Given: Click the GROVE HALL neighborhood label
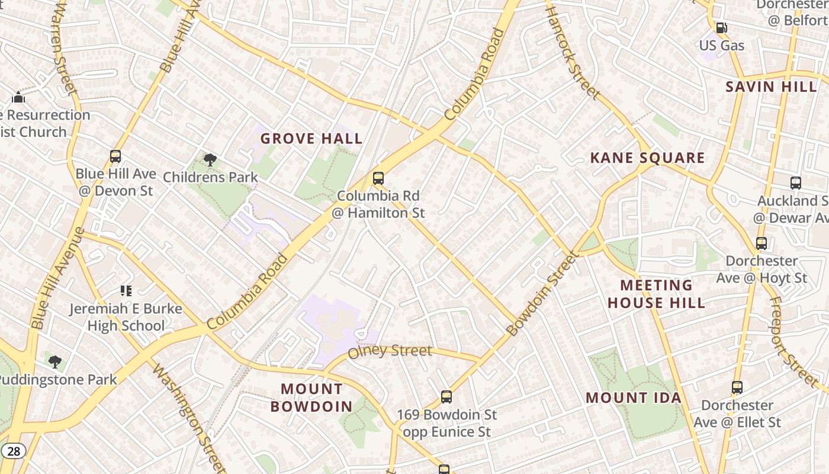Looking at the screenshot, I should [311, 139].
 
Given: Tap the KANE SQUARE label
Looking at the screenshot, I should [647, 158].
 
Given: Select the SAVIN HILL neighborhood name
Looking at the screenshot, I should [771, 87].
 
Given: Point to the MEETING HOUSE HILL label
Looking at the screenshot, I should [656, 294].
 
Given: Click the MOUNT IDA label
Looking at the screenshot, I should [634, 398].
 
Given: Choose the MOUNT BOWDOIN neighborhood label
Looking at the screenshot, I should [311, 398].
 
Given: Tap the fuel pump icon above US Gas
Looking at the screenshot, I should [721, 28].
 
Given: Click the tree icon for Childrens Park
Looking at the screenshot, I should [210, 159].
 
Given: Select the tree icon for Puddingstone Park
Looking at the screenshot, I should [55, 361].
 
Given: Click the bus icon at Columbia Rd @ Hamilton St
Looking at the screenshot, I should [378, 178].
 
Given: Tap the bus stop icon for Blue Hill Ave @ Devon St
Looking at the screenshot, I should [115, 156].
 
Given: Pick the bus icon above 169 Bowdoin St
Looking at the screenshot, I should [446, 396].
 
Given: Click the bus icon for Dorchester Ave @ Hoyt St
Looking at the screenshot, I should [761, 243].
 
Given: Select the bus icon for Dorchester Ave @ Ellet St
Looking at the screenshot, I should [737, 387].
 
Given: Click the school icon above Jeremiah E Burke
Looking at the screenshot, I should [126, 290].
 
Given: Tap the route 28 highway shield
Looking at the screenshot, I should [14, 451].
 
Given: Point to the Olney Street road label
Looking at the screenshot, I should [390, 351].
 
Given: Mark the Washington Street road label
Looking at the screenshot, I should [188, 418].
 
